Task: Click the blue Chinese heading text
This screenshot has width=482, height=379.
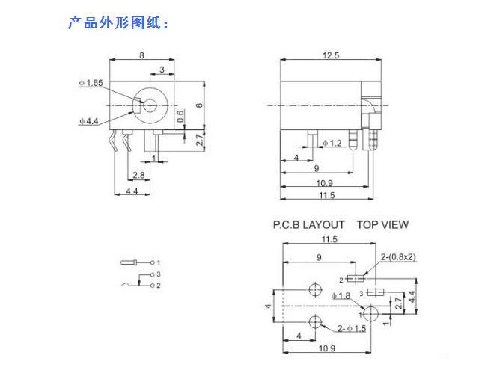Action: coord(118,23)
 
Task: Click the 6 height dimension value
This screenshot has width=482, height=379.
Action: coord(198,105)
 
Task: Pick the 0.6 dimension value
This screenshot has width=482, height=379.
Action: coord(180,116)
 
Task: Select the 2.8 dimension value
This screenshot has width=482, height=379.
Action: coord(138,175)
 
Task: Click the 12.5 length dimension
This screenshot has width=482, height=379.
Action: coord(330,55)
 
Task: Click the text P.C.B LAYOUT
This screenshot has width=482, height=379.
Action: coord(309,224)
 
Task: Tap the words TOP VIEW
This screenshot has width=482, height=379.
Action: coord(382,224)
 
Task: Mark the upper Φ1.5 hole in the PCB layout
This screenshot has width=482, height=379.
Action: coord(315,290)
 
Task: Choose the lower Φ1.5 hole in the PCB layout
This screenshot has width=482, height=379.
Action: coord(315,323)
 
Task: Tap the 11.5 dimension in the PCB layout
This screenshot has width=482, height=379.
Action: coord(329,239)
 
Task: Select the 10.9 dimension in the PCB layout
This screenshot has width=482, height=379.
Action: coord(325,349)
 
